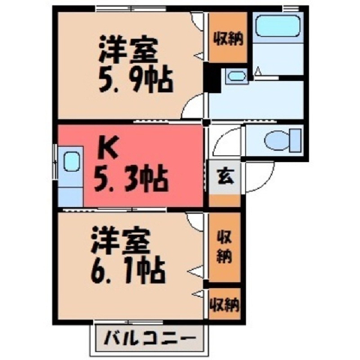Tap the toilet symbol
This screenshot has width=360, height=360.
click(283, 140)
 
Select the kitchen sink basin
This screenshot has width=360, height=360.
click(72, 161)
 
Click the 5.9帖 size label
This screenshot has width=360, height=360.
click(136, 80)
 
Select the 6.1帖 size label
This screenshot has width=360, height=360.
click(127, 271)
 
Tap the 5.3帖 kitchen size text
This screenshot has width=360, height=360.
click(130, 179)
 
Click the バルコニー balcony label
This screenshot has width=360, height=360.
click(150, 339)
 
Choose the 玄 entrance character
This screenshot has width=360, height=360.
click(225, 176)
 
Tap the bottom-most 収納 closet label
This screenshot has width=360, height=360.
click(225, 304)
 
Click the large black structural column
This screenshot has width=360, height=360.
click(211, 78)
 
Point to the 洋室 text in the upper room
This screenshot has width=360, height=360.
click(129, 50)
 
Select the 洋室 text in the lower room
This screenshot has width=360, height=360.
click(121, 240)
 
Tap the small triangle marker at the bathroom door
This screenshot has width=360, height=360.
click(258, 71)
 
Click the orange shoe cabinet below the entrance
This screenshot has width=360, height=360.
click(225, 200)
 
